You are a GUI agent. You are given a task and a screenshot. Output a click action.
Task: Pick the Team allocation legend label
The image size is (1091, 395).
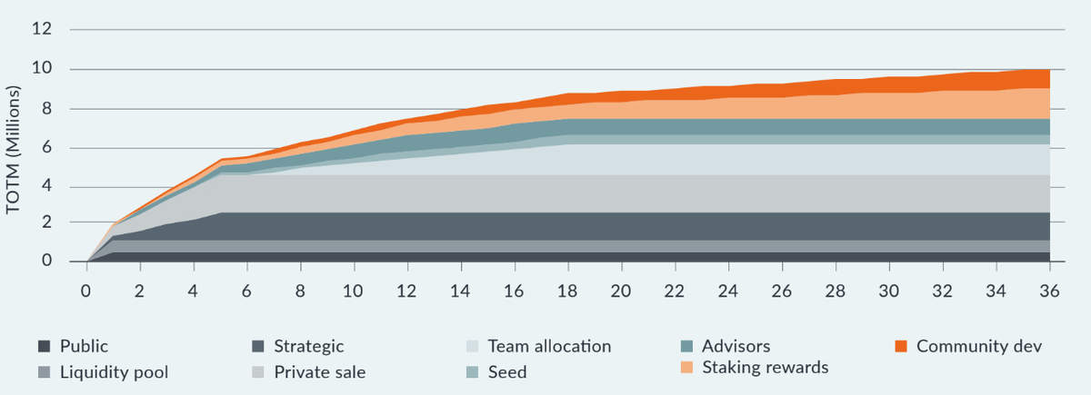[549, 346]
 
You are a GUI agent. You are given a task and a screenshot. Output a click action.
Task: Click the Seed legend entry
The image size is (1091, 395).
[507, 371]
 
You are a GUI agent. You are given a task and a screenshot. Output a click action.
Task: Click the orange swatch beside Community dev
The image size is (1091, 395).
[900, 346]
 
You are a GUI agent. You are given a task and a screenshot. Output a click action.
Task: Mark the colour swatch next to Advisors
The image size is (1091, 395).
[686, 346]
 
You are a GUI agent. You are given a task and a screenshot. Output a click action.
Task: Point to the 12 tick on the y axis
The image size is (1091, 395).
[42, 30]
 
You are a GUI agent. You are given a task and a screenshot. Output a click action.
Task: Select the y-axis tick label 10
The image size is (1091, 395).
[42, 69]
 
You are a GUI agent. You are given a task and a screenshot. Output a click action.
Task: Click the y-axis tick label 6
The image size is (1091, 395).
[45, 147]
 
